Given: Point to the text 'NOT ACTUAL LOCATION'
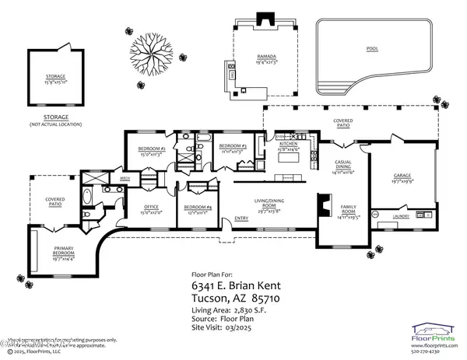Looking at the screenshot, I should (58, 124).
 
